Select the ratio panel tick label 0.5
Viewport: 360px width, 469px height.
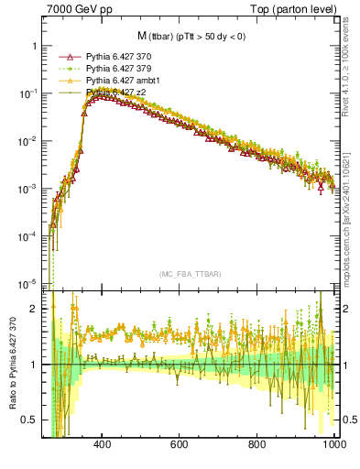(x=30, y=420)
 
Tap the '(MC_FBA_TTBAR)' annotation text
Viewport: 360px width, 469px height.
(x=191, y=274)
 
